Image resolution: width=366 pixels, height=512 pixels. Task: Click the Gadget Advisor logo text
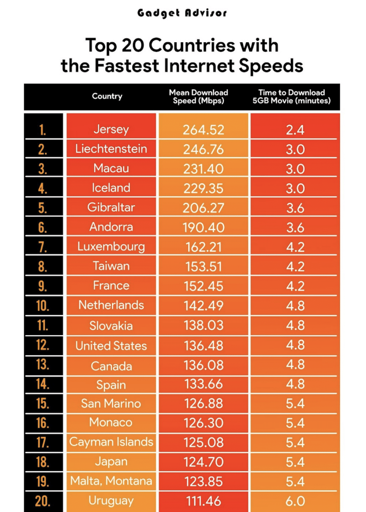click(182, 13)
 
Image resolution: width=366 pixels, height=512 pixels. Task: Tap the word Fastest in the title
click(127, 66)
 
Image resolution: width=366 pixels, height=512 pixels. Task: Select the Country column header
click(107, 96)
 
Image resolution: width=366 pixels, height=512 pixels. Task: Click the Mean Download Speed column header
click(199, 97)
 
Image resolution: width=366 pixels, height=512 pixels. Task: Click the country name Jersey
click(111, 130)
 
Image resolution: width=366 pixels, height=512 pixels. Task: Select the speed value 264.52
click(204, 130)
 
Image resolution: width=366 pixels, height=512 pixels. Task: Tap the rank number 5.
click(43, 208)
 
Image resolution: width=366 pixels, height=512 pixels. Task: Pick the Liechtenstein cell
click(111, 149)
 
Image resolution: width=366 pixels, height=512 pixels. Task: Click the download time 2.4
click(295, 130)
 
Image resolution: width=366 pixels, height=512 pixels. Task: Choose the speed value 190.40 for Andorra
click(204, 228)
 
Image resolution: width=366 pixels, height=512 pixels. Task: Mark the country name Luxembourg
click(111, 247)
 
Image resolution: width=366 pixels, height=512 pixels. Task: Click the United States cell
click(111, 346)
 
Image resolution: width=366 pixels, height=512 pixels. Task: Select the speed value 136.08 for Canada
click(204, 366)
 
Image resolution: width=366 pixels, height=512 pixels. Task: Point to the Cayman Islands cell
click(111, 442)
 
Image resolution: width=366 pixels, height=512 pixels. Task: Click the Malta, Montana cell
click(111, 481)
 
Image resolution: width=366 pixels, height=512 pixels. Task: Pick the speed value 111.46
click(204, 501)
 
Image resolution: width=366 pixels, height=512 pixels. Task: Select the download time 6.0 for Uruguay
click(295, 501)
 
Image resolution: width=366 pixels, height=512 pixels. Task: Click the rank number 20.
click(43, 501)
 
